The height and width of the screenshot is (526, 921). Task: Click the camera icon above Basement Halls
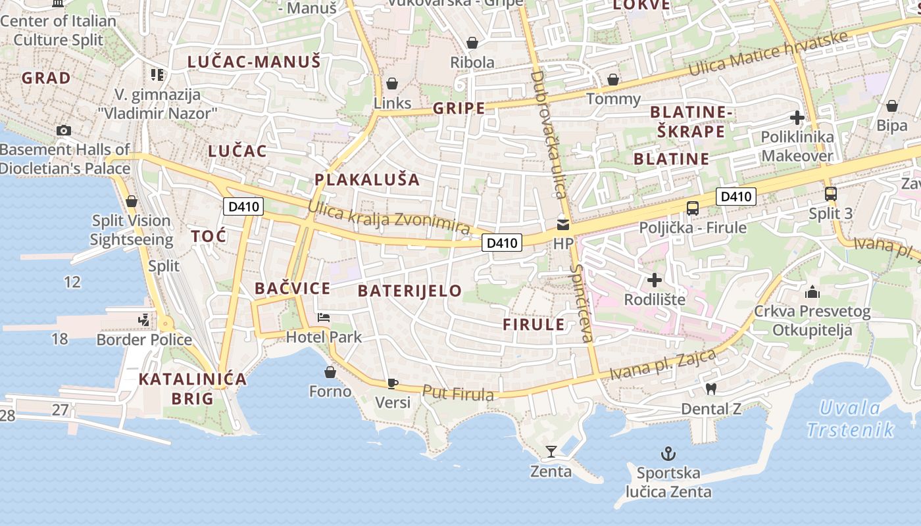(64, 130)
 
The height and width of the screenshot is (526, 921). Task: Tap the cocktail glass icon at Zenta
(551, 452)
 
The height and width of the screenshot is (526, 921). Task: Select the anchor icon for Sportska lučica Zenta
(668, 454)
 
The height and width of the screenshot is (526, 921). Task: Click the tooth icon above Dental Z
(710, 389)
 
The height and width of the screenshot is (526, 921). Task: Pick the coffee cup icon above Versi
(393, 383)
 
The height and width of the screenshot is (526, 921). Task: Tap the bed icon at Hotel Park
(324, 318)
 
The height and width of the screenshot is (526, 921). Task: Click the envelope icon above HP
(563, 225)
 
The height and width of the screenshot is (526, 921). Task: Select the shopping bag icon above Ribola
(472, 43)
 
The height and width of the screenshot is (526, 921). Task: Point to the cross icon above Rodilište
(655, 281)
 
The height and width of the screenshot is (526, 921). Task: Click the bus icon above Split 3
(831, 194)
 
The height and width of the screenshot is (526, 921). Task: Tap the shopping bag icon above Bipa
(892, 106)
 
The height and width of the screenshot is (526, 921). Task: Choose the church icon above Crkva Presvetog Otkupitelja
(812, 291)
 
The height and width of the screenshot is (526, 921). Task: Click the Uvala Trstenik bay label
(850, 419)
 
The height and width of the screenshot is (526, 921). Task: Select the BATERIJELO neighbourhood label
(410, 291)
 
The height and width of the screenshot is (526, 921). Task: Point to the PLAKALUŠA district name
(366, 179)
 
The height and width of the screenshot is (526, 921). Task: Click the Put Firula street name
(458, 393)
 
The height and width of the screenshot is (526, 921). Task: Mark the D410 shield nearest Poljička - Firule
(735, 196)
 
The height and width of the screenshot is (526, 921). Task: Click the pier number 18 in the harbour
(59, 339)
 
